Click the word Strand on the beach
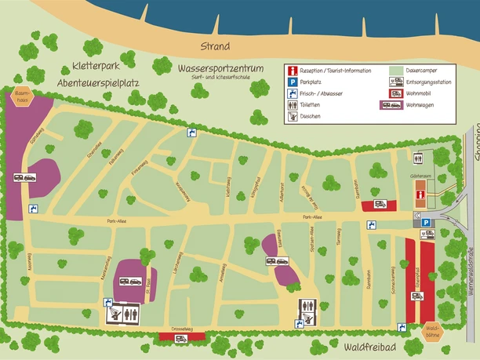pyautogui.click(x=215, y=46)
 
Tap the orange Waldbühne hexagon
pyautogui.click(x=431, y=331)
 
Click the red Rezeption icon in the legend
pyautogui.click(x=293, y=70)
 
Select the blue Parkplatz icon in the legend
pyautogui.click(x=293, y=82)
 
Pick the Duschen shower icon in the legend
pyautogui.click(x=293, y=116)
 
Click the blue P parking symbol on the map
pyautogui.click(x=426, y=224)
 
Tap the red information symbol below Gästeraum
pyautogui.click(x=421, y=194)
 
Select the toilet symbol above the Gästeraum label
pyautogui.click(x=419, y=158)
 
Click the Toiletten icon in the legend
pyautogui.click(x=293, y=104)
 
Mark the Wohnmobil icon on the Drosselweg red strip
pyautogui.click(x=180, y=338)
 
